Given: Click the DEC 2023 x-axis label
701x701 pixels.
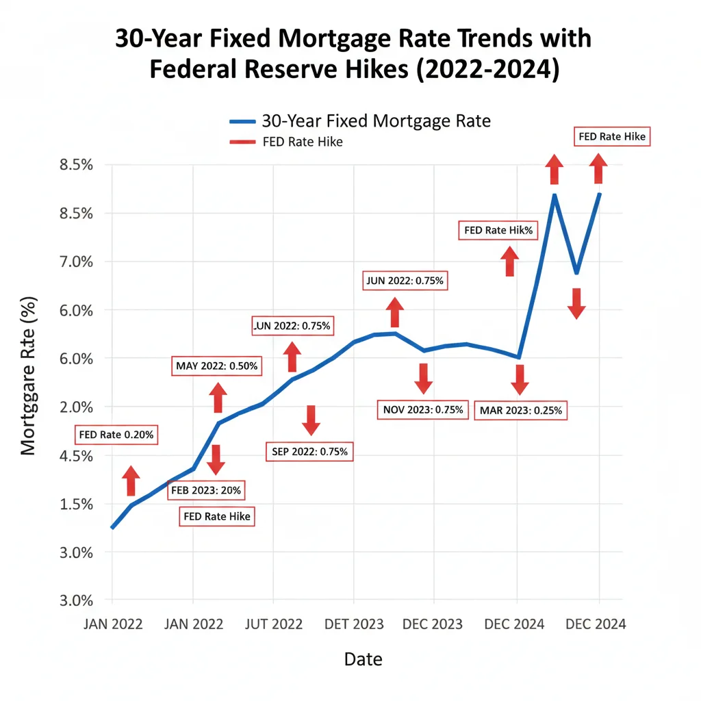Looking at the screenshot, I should point(433,624).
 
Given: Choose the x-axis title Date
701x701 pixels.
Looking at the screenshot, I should point(363,659).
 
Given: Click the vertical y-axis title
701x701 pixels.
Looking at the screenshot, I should point(28,376).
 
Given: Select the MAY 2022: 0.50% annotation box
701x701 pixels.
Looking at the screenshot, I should point(216,366).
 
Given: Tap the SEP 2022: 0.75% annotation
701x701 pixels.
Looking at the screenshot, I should point(309,451).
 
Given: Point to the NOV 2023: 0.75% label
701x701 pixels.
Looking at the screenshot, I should point(423,410).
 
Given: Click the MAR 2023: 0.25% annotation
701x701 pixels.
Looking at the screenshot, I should point(521,411).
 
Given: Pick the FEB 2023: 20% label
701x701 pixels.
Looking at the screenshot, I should point(206,490).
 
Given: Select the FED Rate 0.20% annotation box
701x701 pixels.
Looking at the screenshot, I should point(116,434).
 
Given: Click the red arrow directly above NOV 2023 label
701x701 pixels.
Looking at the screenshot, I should point(423,378).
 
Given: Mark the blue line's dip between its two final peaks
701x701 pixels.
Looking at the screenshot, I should point(577,272).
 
